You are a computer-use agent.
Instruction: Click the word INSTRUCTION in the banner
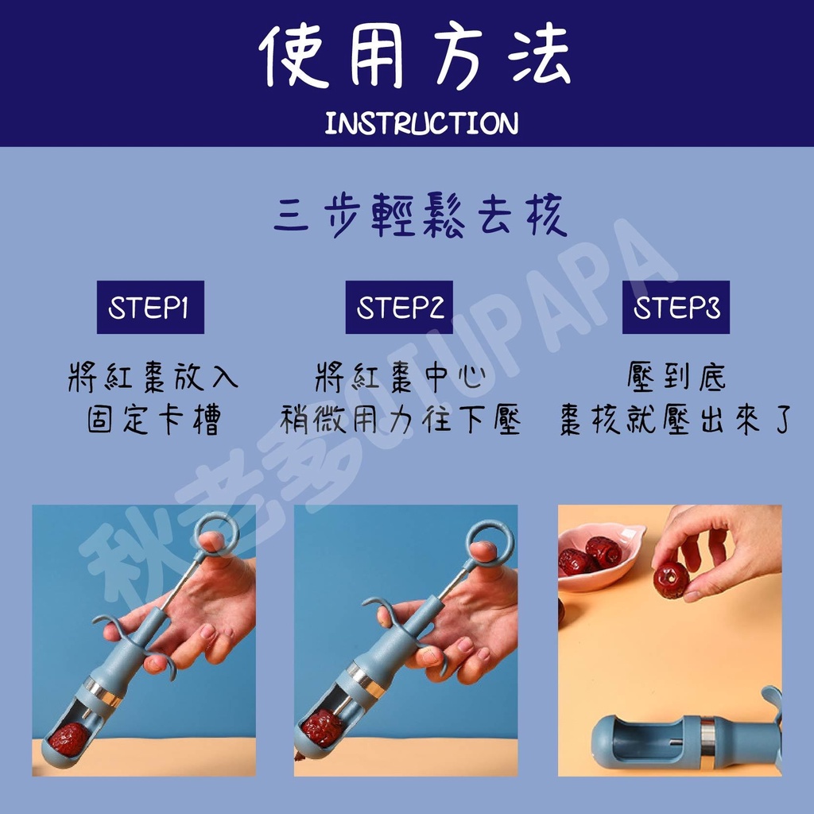421,124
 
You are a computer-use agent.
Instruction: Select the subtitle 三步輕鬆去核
421,218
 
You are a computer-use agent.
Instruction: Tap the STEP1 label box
150,308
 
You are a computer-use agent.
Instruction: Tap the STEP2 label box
398,308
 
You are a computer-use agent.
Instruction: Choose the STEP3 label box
676,308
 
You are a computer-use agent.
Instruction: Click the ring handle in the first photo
216,533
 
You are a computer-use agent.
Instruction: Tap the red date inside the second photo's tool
323,727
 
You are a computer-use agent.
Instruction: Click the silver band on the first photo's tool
104,692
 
